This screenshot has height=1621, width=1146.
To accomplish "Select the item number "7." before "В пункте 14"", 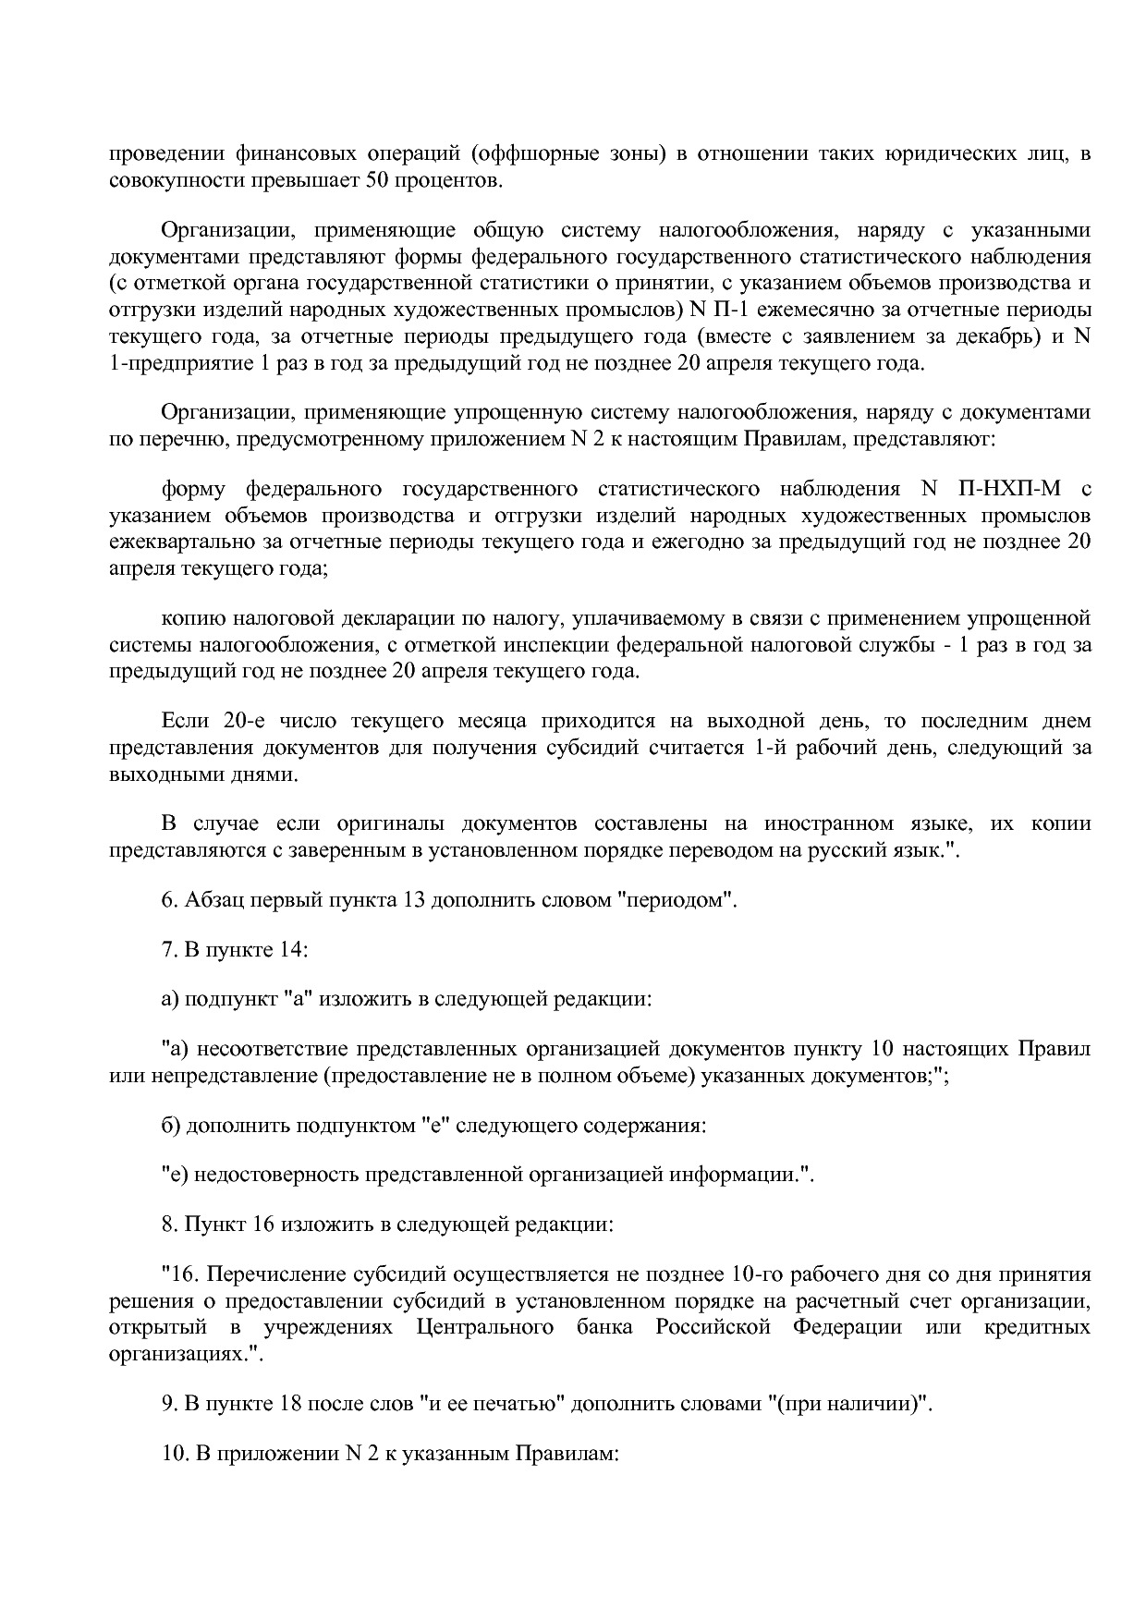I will pyautogui.click(x=169, y=949).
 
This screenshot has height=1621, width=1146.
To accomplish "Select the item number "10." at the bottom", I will pyautogui.click(x=175, y=1454).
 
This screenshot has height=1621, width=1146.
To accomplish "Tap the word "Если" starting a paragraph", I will pyautogui.click(x=185, y=721).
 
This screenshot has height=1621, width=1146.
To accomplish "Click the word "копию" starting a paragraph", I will pyautogui.click(x=190, y=617).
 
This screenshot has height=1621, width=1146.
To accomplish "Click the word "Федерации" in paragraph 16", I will pyautogui.click(x=847, y=1327).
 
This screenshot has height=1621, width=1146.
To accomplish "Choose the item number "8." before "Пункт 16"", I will pyautogui.click(x=169, y=1225).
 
